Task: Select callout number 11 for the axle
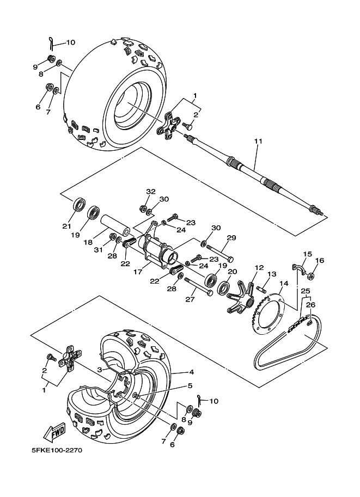click(258, 142)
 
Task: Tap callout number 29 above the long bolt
click(231, 238)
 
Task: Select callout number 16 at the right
click(320, 261)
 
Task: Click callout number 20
click(232, 271)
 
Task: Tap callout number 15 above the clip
click(307, 254)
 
